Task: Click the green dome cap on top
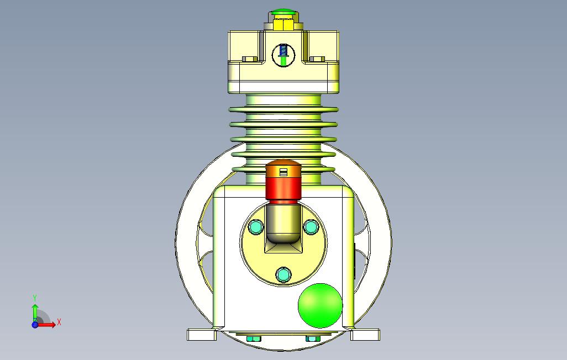coord(283,13)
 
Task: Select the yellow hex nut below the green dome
coord(283,24)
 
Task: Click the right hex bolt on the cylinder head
coord(318,59)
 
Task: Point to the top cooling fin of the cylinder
coord(283,110)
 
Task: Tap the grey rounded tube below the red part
coord(283,224)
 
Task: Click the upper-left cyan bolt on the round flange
coord(256,226)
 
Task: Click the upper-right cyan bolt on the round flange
coord(311,226)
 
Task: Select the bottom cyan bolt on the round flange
coord(283,274)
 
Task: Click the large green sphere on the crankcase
coord(320,306)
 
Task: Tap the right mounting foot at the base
coord(366,335)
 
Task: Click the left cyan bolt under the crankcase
coord(254,338)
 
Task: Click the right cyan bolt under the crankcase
coord(312,338)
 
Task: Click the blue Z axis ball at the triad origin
coord(35,325)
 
